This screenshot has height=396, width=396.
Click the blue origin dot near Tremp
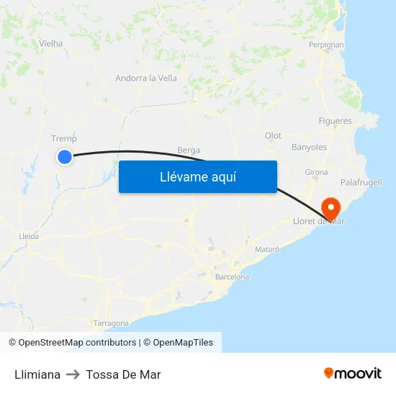pos(65,156)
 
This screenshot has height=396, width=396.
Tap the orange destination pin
pos(332,209)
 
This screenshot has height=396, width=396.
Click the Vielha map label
pos(51,43)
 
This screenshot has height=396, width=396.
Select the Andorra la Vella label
pos(146,78)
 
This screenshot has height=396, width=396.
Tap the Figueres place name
pos(336,121)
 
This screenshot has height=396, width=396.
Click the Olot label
pos(273,135)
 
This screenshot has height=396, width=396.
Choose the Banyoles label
pos(309,147)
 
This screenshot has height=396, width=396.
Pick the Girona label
pos(316,172)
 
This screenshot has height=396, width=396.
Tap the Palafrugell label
pos(361,182)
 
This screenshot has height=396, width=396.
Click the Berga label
pos(189,150)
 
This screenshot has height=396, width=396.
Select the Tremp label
pos(64,138)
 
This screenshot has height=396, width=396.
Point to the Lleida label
pos(29,235)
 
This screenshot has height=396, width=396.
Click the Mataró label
pos(267,248)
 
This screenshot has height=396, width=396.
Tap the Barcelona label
pos(232,276)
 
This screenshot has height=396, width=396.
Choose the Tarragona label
pos(111,323)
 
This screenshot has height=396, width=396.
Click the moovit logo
pos(353,374)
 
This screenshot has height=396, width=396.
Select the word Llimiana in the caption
pos(37,374)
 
